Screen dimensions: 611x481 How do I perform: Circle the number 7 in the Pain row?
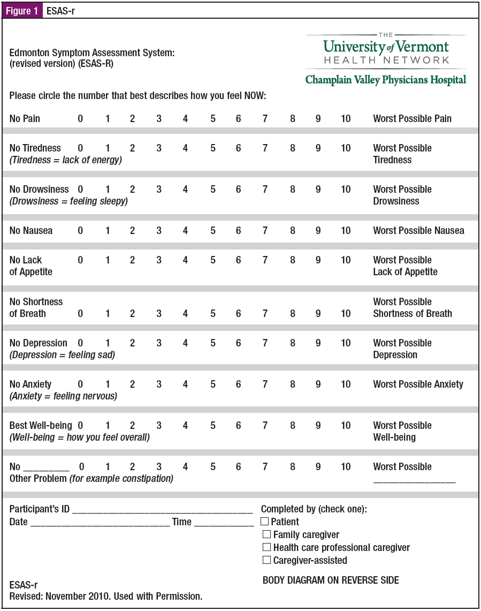tap(265, 118)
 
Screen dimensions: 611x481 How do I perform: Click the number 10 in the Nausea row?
tap(346, 231)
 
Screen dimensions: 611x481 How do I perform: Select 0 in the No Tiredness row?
tap(80, 148)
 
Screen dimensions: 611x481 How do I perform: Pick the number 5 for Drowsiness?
tap(213, 189)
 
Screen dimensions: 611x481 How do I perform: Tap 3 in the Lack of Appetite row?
tap(159, 260)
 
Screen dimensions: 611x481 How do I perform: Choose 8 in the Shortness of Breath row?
tap(292, 313)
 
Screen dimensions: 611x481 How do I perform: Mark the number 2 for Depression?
tap(132, 343)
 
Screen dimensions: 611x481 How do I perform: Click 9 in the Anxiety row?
tap(318, 384)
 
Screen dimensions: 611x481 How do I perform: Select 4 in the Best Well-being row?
tap(185, 425)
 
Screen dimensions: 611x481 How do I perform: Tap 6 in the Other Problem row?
tap(239, 466)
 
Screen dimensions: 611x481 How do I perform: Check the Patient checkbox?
tap(264, 521)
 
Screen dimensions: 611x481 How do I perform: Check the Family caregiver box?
tap(266, 534)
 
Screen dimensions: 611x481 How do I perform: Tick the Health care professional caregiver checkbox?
tap(266, 547)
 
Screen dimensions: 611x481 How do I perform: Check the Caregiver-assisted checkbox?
tap(266, 560)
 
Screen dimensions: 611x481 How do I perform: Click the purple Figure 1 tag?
tap(22, 11)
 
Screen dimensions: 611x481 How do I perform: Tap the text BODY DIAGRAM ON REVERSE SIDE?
tap(331, 580)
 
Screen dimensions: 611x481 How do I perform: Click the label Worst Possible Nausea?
tap(418, 231)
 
